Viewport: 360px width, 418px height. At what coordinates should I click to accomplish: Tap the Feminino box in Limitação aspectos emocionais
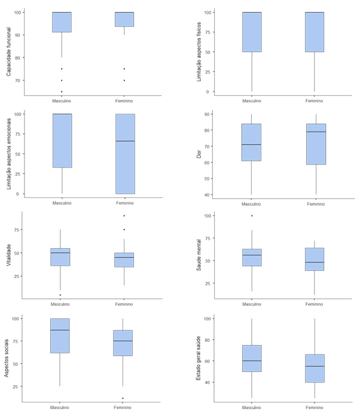(124, 154)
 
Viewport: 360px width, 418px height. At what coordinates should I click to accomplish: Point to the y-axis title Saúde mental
(200, 253)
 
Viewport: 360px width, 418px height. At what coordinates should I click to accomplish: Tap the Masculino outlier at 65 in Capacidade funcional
(62, 91)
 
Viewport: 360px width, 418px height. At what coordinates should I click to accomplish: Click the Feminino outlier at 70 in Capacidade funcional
(124, 80)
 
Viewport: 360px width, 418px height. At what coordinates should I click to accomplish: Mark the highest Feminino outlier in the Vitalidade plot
(124, 216)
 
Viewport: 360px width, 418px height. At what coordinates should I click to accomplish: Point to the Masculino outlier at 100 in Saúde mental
(251, 216)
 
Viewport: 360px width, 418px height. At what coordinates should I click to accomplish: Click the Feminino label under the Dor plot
(314, 204)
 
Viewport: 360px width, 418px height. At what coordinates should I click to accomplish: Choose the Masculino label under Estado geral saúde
(251, 408)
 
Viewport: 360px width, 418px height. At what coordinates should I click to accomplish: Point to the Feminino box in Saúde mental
(314, 259)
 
